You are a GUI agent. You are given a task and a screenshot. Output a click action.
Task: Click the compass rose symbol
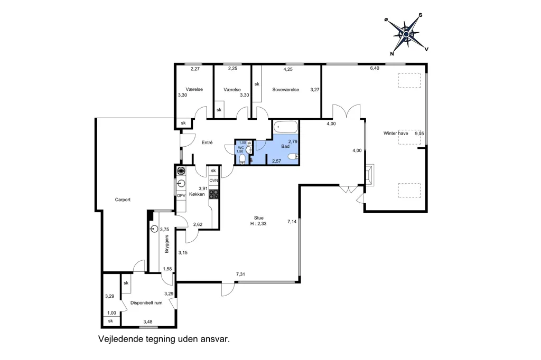[406, 34]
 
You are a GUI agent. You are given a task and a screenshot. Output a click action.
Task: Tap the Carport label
[123, 200]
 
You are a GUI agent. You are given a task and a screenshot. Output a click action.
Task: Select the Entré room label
[207, 143]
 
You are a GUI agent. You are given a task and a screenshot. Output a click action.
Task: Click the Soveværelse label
[285, 90]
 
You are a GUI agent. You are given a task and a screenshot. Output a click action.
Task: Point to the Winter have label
[395, 134]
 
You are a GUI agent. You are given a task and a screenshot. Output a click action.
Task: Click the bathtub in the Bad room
[285, 127]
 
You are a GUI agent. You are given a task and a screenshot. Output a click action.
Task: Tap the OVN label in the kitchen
[213, 181]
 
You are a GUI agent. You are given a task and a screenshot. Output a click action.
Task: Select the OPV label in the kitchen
[181, 195]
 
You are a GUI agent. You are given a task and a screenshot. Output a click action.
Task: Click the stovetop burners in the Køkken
[214, 194]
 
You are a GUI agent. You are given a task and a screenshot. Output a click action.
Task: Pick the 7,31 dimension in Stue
[240, 274]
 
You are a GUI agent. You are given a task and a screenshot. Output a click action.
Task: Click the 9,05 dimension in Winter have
[419, 134]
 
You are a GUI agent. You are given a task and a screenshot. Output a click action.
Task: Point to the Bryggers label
[167, 244]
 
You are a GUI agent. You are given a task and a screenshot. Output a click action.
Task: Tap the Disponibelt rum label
[146, 303]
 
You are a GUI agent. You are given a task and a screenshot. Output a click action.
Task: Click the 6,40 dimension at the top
[375, 68]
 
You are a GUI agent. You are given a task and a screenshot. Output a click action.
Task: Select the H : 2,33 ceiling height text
[258, 223]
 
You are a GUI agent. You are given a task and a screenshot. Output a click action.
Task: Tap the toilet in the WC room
[242, 158]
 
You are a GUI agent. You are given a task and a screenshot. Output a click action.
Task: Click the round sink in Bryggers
[154, 229]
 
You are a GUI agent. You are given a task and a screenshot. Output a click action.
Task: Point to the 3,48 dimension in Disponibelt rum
[148, 322]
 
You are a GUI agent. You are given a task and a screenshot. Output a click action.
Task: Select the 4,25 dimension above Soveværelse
[288, 69]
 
